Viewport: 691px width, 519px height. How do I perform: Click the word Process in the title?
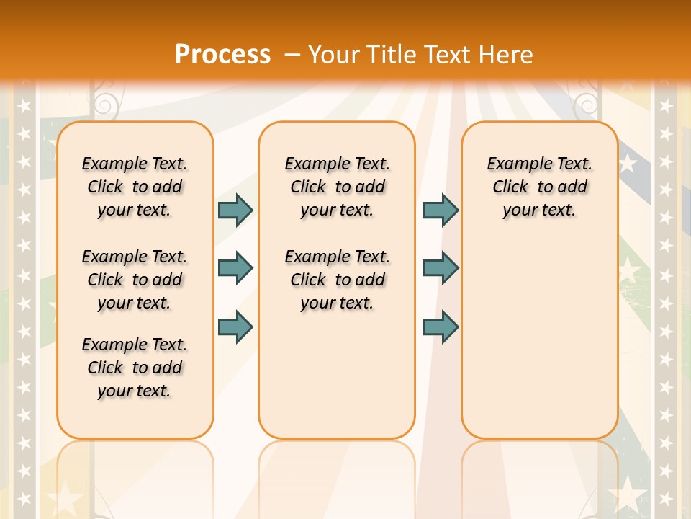click(x=222, y=54)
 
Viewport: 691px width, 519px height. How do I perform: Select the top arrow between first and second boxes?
click(x=235, y=210)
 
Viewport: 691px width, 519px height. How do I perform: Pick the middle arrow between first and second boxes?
click(x=235, y=268)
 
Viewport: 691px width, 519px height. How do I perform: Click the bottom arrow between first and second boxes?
click(x=235, y=327)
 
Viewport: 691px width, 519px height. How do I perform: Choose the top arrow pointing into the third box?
click(x=441, y=210)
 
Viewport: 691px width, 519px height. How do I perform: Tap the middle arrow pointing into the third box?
click(x=441, y=268)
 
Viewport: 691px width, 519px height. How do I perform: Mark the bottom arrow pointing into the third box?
click(x=441, y=327)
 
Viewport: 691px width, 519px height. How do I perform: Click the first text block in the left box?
click(x=135, y=187)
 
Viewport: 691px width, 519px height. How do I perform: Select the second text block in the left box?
click(x=135, y=280)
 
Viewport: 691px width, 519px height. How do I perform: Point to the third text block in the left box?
click(x=135, y=368)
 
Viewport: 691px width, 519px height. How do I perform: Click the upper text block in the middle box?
click(x=337, y=187)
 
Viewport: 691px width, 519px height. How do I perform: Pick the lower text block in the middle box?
click(x=337, y=280)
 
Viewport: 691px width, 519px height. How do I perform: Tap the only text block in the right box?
click(x=539, y=187)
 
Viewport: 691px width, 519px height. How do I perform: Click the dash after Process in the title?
click(x=292, y=55)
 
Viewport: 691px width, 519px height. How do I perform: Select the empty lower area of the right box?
click(x=539, y=339)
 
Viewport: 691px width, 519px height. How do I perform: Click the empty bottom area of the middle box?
click(x=337, y=382)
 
